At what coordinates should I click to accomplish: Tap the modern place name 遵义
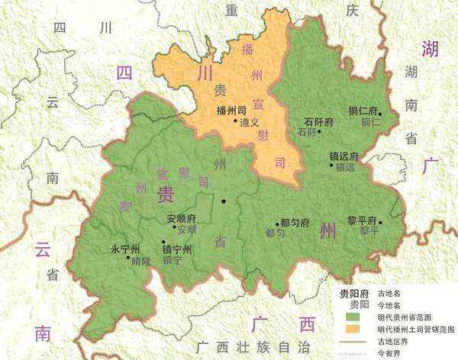coord(249,121)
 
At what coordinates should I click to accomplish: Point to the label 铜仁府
coord(375,111)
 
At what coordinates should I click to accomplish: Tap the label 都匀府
coord(295,223)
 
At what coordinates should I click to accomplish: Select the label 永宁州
coord(126,249)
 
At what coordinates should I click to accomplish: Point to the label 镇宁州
coord(177,249)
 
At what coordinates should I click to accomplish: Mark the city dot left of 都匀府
coord(276,224)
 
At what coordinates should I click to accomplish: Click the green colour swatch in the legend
coord(355,316)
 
